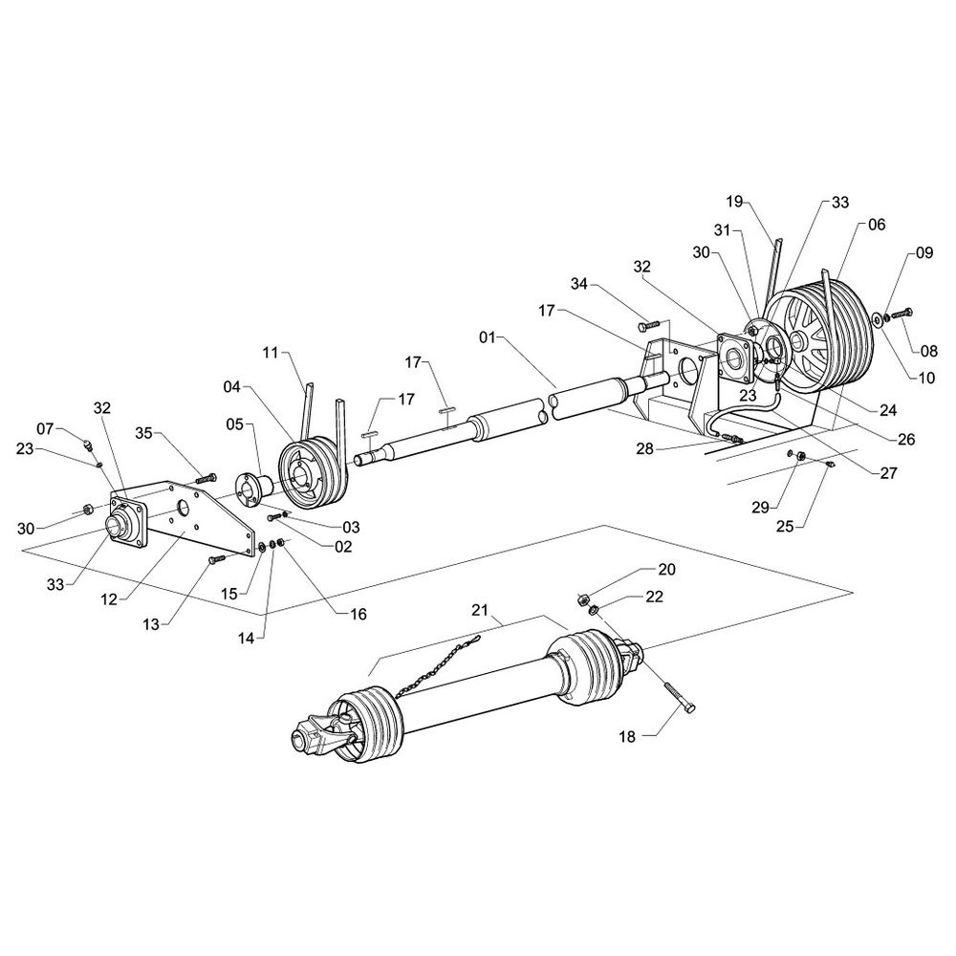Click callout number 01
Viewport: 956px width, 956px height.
point(488,337)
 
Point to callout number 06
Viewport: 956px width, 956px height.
point(877,225)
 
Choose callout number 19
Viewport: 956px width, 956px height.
point(733,202)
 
